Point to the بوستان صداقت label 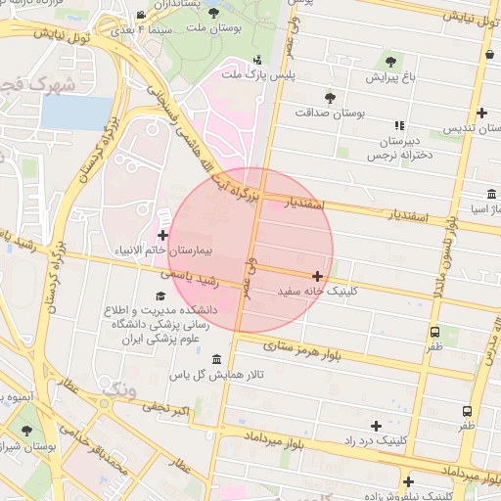point(330,113)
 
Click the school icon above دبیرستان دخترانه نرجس point(398,125)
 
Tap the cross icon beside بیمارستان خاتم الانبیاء point(161,235)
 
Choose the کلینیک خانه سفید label point(319,291)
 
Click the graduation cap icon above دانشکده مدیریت point(160,296)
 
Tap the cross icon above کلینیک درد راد point(377,426)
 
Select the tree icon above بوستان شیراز point(26,430)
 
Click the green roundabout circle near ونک point(103,402)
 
